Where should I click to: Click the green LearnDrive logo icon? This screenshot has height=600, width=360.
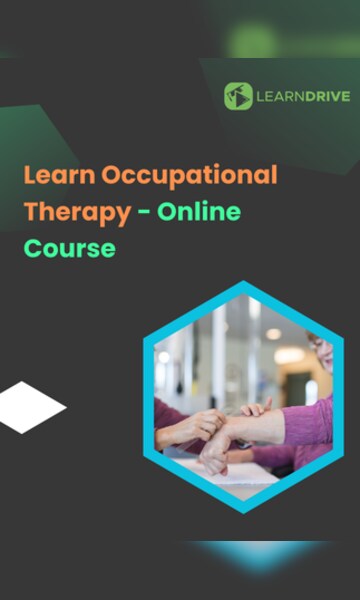[x=238, y=96]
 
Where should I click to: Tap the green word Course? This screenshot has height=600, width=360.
[x=69, y=247]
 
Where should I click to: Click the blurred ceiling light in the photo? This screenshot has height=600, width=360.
[x=272, y=334]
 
